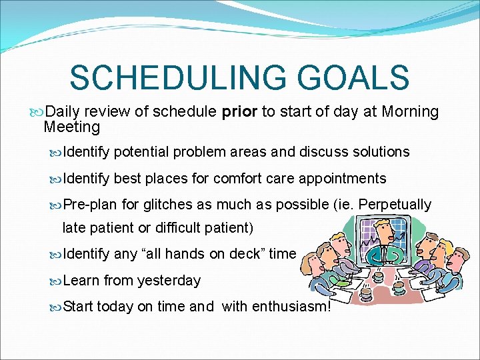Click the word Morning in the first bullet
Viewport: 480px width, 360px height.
(x=410, y=111)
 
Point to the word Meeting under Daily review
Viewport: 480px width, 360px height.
(x=71, y=127)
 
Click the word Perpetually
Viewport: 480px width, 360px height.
(x=395, y=204)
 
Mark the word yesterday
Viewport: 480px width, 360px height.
(x=169, y=280)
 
